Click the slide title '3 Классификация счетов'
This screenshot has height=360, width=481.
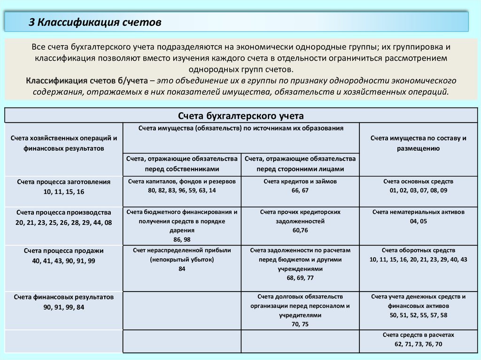pos(95,23)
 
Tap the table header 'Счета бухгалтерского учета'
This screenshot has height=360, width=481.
pos(241,115)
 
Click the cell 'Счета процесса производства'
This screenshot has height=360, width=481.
pos(64,217)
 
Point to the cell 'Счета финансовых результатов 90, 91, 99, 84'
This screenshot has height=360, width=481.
pos(64,302)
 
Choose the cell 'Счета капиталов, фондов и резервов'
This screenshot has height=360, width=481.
pos(182,186)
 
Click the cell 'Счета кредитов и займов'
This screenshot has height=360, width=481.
pos(300,186)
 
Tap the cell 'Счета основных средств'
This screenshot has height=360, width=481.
pos(418,186)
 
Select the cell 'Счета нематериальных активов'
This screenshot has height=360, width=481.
pos(418,217)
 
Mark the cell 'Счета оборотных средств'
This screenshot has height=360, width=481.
pos(418,255)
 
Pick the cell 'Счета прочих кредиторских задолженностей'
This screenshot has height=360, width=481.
pos(300,221)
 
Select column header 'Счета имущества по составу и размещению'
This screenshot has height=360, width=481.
pos(418,143)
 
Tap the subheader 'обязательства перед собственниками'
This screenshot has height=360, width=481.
pos(182,164)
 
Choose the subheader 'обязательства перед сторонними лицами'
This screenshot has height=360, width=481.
pos(300,164)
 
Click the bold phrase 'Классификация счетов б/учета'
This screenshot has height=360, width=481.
pos(87,81)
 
